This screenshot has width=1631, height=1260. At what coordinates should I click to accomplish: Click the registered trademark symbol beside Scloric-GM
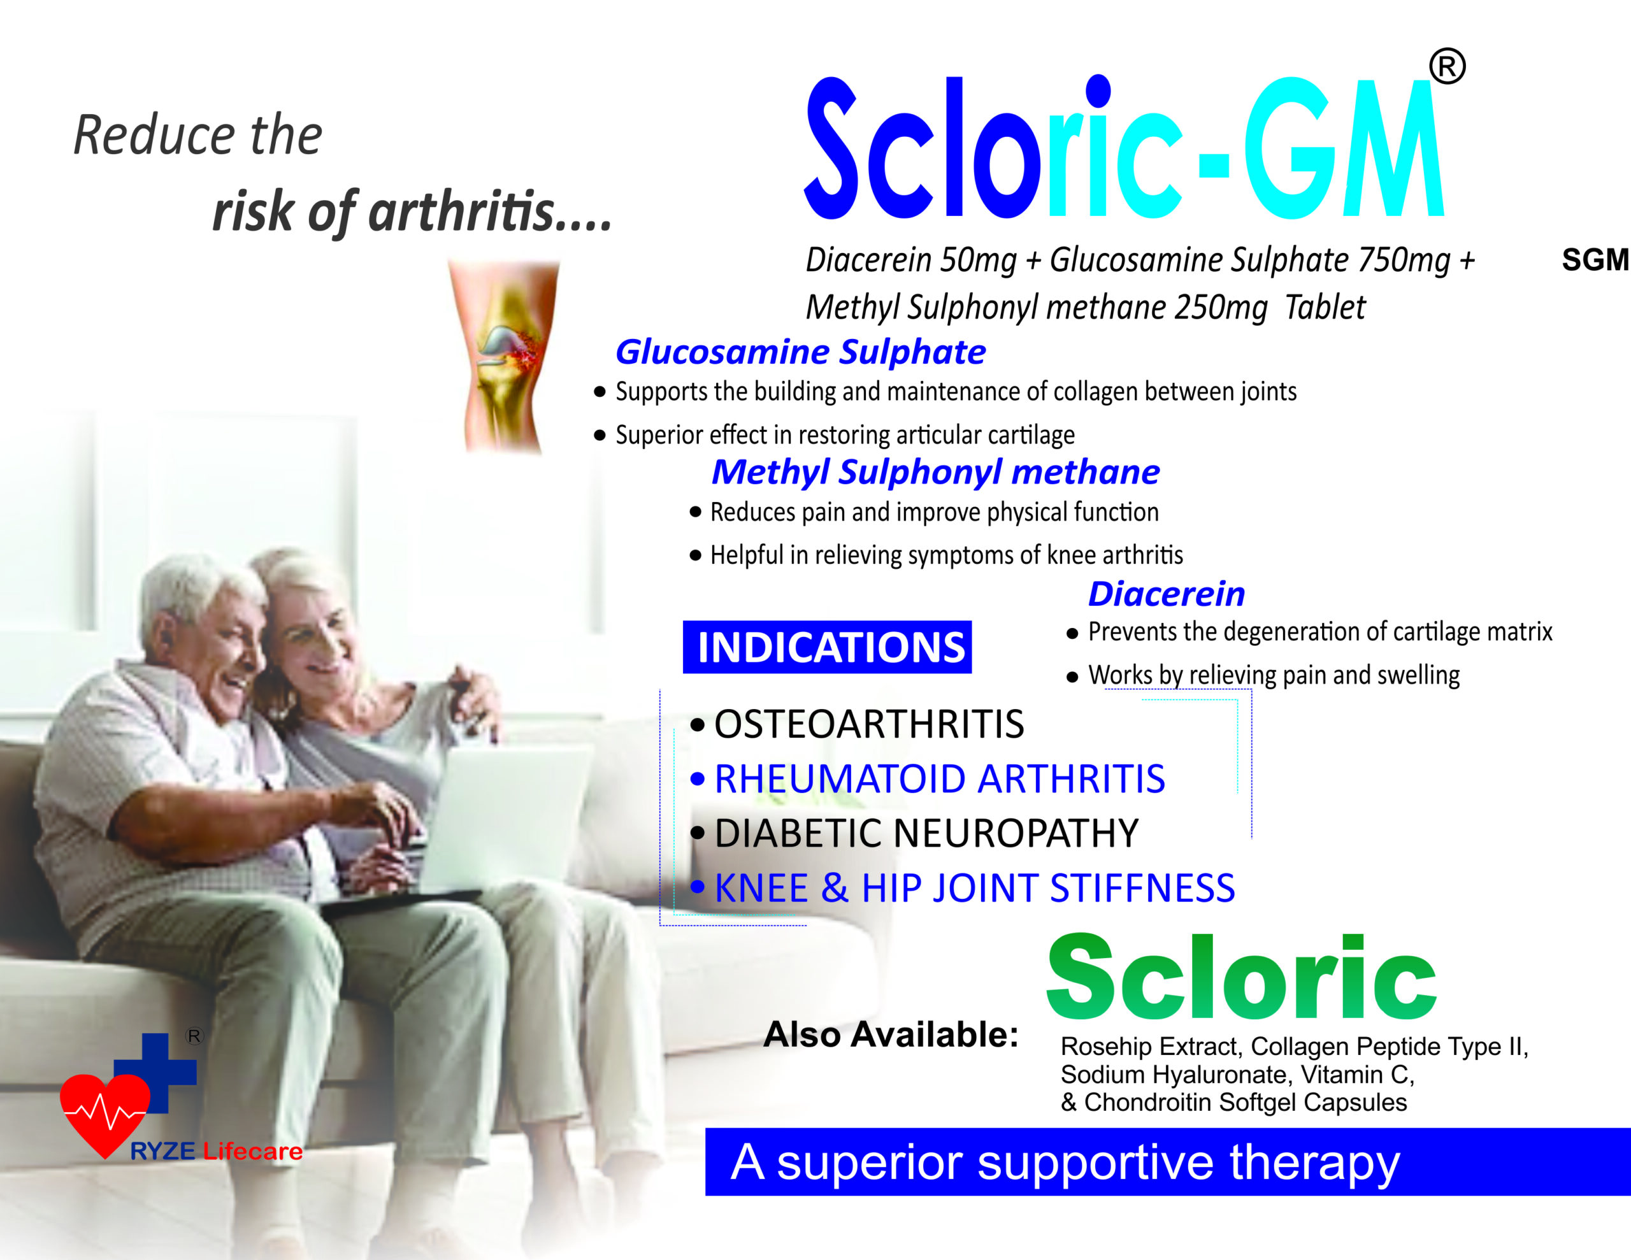click(x=1448, y=66)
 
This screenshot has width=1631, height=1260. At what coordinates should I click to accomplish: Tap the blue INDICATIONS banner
click(x=827, y=647)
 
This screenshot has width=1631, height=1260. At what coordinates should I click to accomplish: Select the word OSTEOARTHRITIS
click(x=869, y=724)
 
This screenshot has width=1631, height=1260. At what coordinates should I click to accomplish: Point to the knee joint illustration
click(x=505, y=356)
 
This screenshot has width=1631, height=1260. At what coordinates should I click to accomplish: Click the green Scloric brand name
click(x=1240, y=978)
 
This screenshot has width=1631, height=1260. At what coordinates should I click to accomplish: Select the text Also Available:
click(x=891, y=1034)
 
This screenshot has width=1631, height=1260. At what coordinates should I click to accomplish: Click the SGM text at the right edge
click(x=1596, y=260)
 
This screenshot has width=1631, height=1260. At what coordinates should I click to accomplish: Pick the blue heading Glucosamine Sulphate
click(x=800, y=352)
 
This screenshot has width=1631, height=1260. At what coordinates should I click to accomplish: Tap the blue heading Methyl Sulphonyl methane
click(x=935, y=473)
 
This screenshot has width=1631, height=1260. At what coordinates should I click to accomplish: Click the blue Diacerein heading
click(x=1167, y=594)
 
